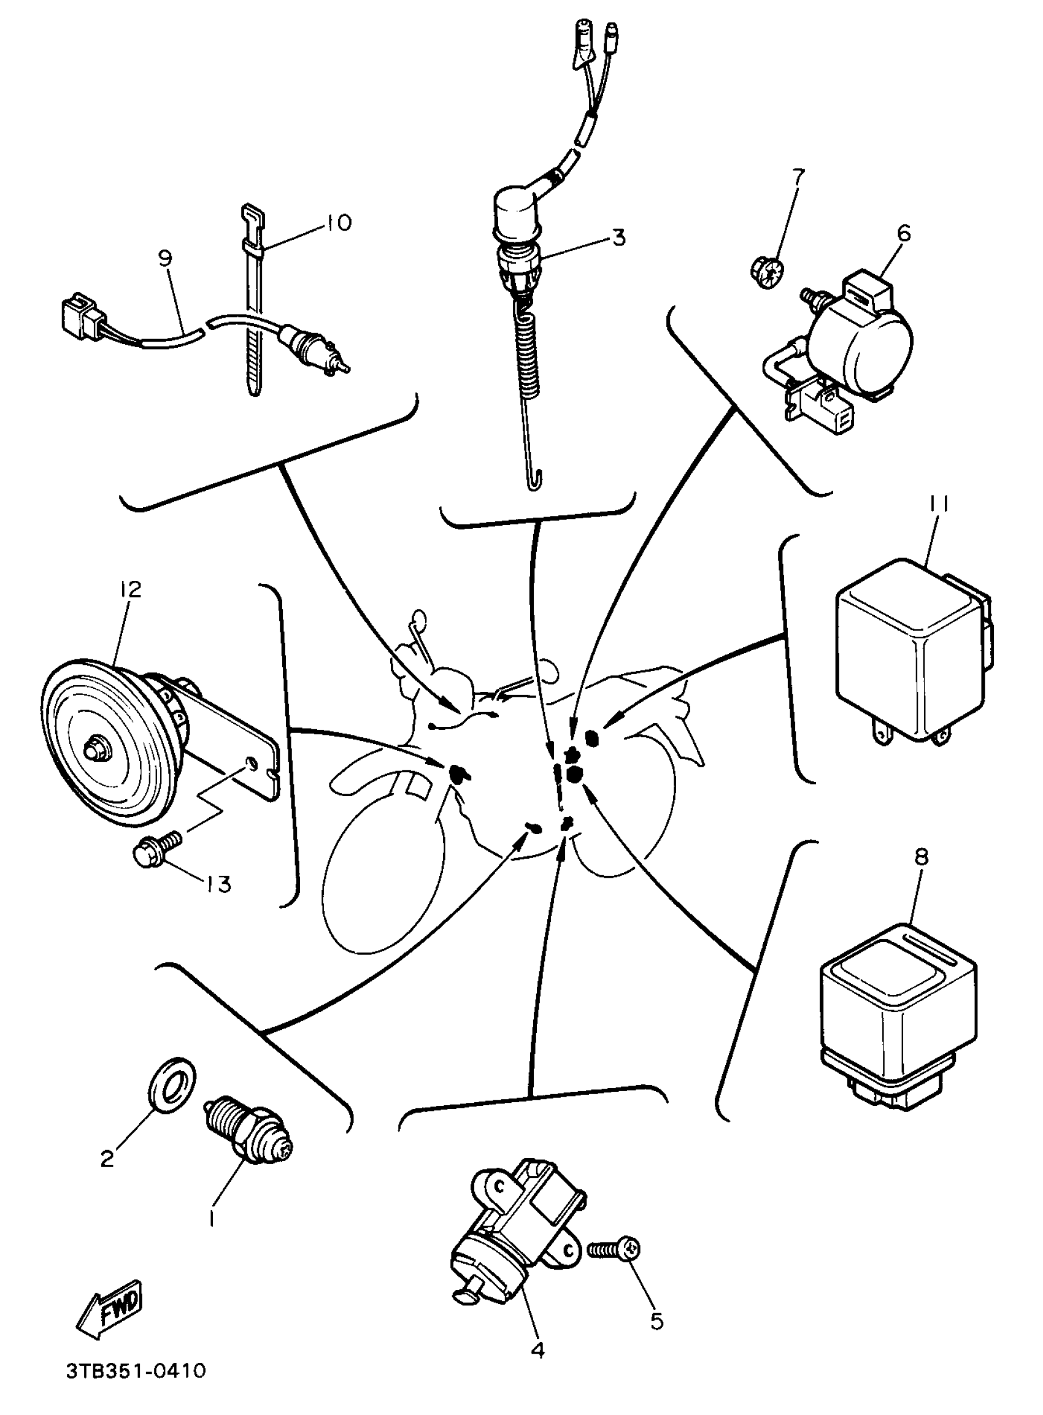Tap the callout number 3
[x=618, y=238]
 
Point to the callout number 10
[x=340, y=223]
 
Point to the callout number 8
[x=921, y=856]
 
